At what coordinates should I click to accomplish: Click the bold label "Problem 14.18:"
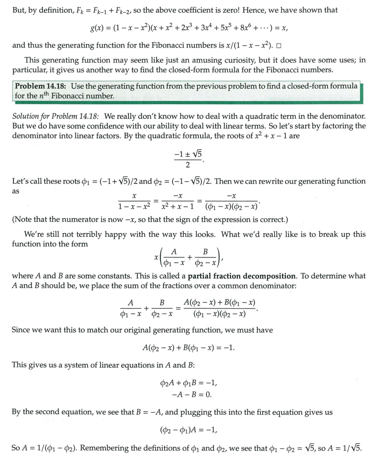coord(41,86)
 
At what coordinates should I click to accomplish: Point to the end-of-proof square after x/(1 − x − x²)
coord(279,46)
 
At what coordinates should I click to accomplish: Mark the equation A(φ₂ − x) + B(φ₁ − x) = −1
coord(188,347)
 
